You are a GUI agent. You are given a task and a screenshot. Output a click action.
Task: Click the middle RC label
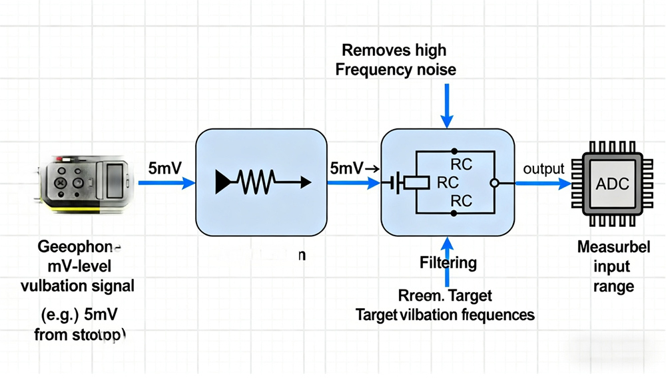(448, 182)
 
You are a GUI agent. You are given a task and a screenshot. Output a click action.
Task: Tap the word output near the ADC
(543, 169)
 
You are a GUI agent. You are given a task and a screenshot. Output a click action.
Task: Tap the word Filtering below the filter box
(448, 263)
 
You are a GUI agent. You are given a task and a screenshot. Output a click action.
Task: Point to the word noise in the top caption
(433, 69)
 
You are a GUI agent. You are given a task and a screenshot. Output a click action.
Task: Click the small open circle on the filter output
(494, 182)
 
